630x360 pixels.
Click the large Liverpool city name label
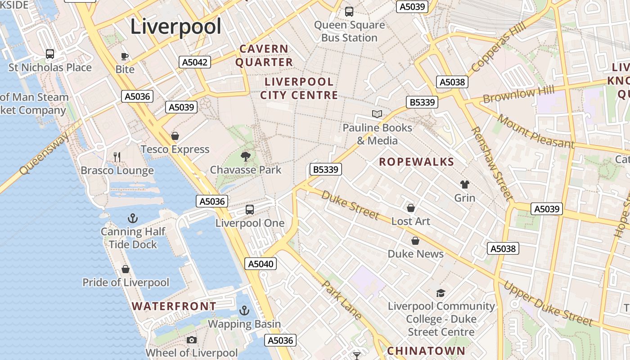(175, 27)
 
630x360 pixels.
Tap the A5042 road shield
(195, 62)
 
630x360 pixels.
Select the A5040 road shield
(261, 264)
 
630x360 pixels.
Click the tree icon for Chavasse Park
(246, 157)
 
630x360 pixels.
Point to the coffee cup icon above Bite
(125, 56)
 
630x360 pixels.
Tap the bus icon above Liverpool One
(249, 210)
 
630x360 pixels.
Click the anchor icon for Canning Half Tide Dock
(132, 219)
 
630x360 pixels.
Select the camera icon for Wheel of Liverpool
(192, 340)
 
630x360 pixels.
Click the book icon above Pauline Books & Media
(377, 114)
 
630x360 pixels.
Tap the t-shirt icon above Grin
(464, 184)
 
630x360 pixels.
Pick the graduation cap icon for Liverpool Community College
(441, 293)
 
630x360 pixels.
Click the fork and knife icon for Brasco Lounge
(117, 157)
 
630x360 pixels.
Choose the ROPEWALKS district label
(416, 162)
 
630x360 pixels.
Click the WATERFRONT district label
(174, 306)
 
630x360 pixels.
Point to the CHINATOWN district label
(426, 351)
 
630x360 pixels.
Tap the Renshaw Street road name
(491, 163)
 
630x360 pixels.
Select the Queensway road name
(45, 153)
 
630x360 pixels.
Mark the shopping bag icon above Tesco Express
(175, 136)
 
